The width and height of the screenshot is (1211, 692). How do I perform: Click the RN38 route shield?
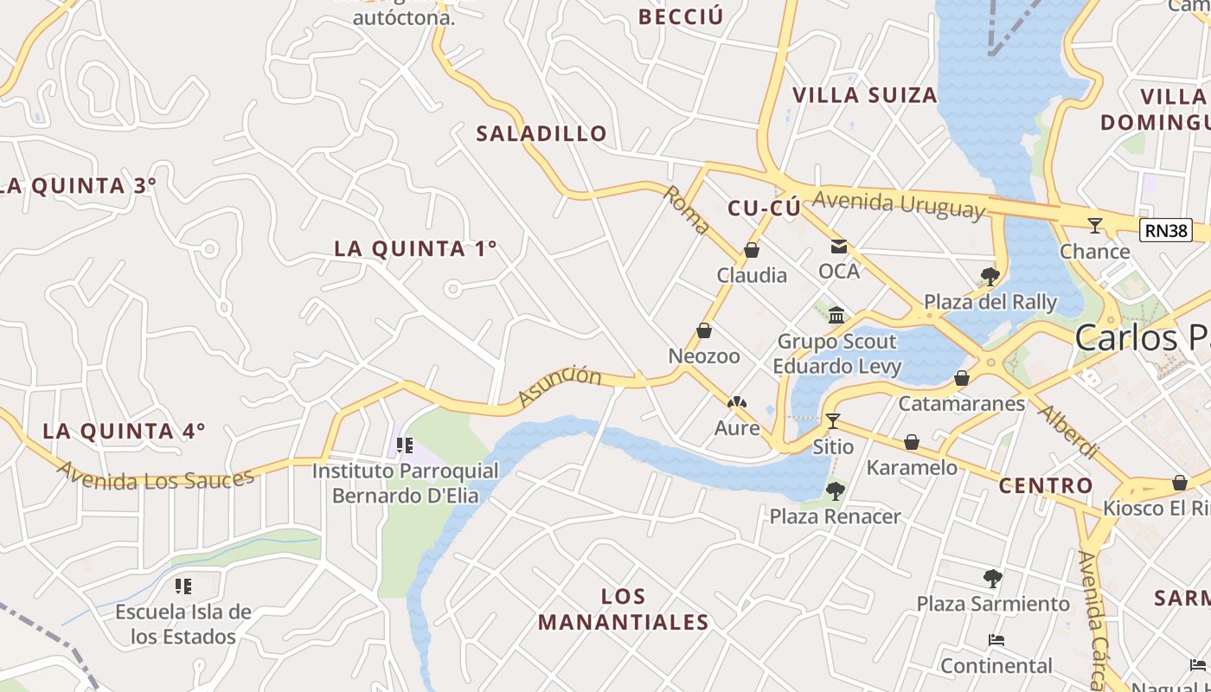point(1165,230)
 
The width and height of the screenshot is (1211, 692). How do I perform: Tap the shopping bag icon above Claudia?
point(752,251)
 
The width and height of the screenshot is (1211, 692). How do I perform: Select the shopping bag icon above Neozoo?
point(704,330)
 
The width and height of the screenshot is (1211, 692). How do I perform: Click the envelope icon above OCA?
point(839,247)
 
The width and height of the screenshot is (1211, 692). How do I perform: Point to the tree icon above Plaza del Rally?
point(990,277)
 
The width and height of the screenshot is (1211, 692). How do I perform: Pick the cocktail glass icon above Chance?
point(1095,226)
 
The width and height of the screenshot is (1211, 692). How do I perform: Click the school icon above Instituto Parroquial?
point(404,445)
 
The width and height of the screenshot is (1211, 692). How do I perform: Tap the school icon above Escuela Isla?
point(183,586)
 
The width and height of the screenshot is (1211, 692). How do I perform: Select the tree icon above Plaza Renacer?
point(835,491)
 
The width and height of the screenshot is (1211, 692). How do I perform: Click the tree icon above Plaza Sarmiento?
point(993,578)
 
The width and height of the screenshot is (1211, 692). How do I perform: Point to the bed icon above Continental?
point(996,641)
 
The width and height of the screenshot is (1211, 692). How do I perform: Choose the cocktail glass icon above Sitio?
point(833,421)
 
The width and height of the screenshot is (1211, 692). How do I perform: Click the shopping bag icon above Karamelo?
point(912,443)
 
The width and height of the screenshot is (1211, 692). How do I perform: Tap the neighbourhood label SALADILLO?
point(541,134)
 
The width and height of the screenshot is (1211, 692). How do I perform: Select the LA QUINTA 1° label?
point(416,248)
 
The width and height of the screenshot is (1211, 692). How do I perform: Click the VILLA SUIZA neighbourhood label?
point(865,95)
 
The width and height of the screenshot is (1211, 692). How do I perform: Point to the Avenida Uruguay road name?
point(899,204)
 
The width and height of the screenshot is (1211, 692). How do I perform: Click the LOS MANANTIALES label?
point(624,609)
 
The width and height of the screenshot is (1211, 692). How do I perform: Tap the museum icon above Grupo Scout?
point(836,315)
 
